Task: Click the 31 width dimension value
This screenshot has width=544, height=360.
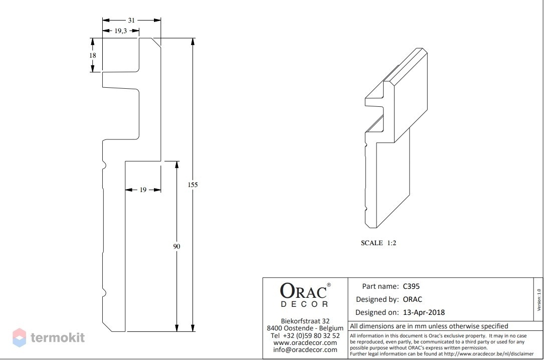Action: coord(131,21)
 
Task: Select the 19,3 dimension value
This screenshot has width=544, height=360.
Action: coord(120,31)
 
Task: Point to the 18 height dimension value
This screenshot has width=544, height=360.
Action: coord(92,56)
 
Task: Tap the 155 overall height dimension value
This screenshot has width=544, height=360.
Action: coord(193,185)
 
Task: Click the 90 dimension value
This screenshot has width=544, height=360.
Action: coord(176,247)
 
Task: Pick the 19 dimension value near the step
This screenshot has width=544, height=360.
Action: coord(143,190)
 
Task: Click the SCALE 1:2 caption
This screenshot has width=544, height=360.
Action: coord(379,243)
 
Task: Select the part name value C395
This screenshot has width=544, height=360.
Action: coord(411,286)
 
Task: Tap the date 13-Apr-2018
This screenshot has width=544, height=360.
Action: coord(424,312)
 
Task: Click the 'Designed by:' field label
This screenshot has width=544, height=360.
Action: coord(377,299)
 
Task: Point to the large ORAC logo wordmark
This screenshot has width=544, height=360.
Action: coord(303,291)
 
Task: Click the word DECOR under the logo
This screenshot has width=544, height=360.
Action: coord(304,304)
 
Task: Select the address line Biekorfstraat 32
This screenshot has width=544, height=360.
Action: coord(305,321)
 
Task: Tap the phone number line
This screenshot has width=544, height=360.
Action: coord(305,336)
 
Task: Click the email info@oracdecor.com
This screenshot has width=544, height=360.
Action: coord(305,350)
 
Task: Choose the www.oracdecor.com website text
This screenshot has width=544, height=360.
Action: coord(305,342)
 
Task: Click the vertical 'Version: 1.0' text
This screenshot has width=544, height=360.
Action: coord(539,300)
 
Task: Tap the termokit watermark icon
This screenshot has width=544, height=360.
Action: coord(20,337)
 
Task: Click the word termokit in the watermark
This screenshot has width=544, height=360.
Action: coord(58,337)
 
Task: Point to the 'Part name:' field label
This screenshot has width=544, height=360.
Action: coord(380,286)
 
